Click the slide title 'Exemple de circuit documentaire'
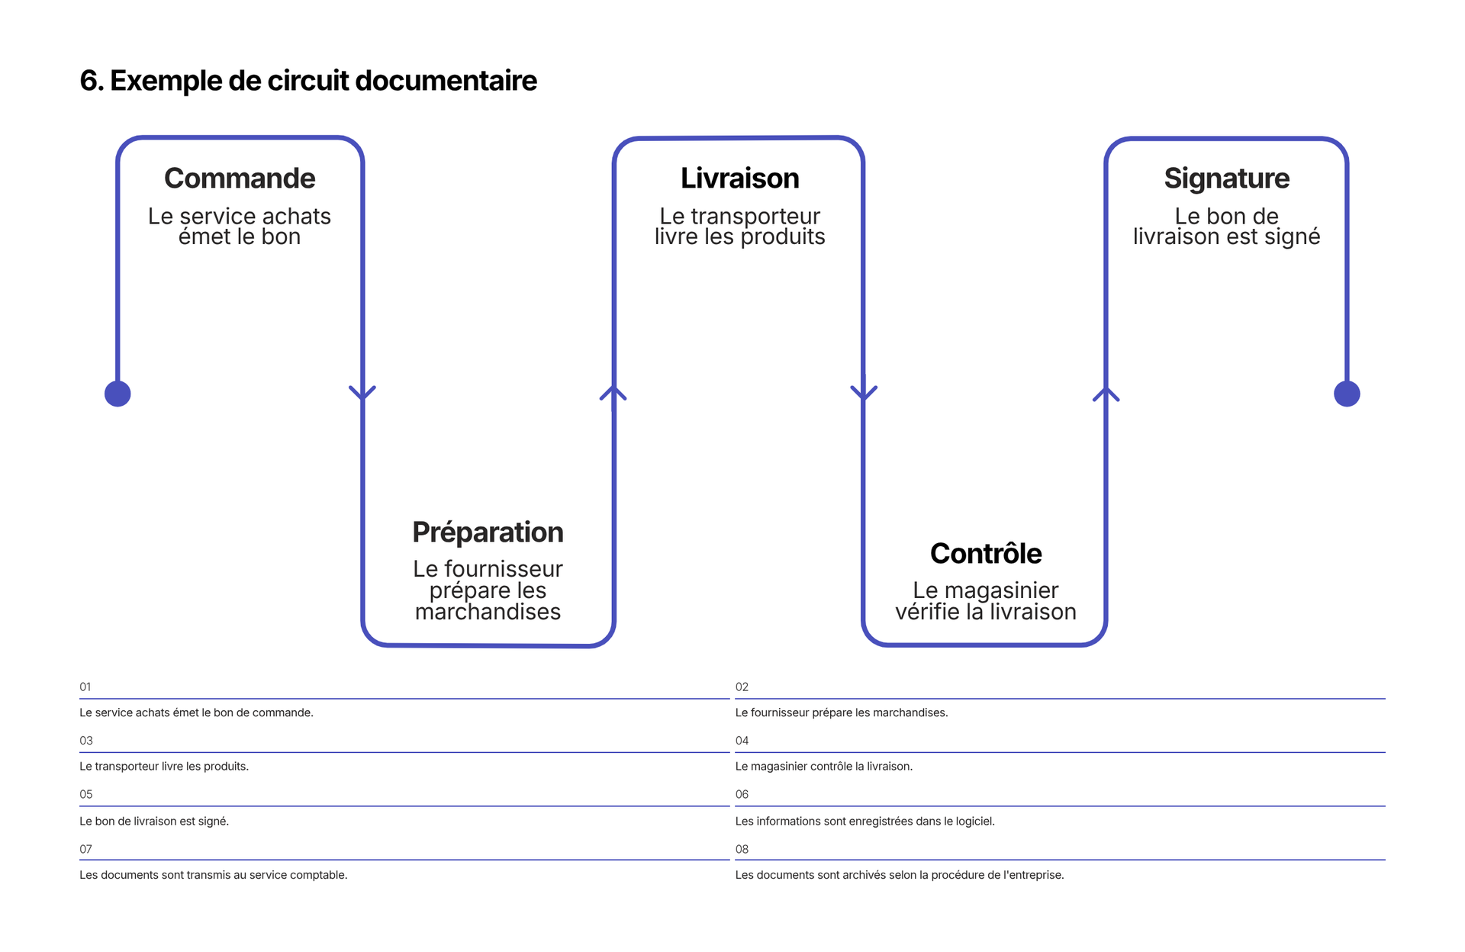[324, 81]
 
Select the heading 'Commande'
[240, 178]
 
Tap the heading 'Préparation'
[488, 532]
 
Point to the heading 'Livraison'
[740, 178]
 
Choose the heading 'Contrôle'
[986, 554]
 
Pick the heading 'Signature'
[1227, 179]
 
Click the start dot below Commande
[118, 394]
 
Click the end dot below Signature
[1347, 394]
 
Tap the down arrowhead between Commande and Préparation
[362, 393]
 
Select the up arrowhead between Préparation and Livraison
[613, 393]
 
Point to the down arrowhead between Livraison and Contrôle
[864, 393]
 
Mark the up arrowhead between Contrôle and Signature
[1106, 393]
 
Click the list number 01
[85, 687]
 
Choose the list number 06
[742, 794]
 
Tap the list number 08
[742, 849]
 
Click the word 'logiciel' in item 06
[974, 822]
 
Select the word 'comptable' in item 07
[322, 876]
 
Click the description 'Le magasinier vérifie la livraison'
[986, 601]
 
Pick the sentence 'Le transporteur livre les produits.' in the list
[164, 767]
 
